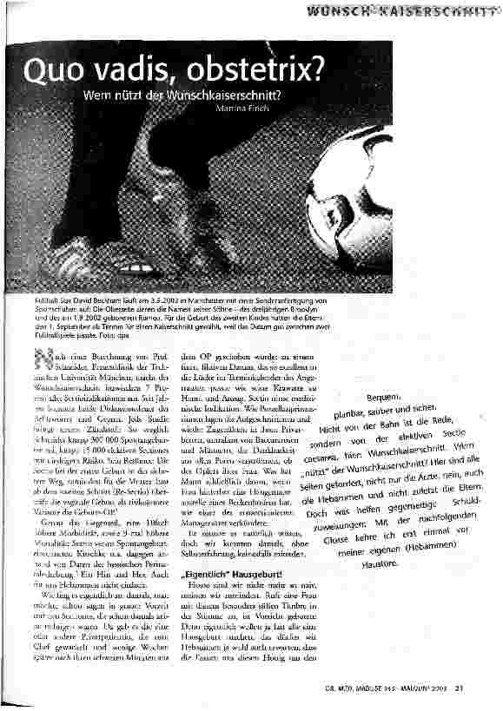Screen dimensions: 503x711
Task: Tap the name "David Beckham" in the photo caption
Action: click(x=92, y=299)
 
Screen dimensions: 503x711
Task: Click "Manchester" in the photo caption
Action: click(x=224, y=299)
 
